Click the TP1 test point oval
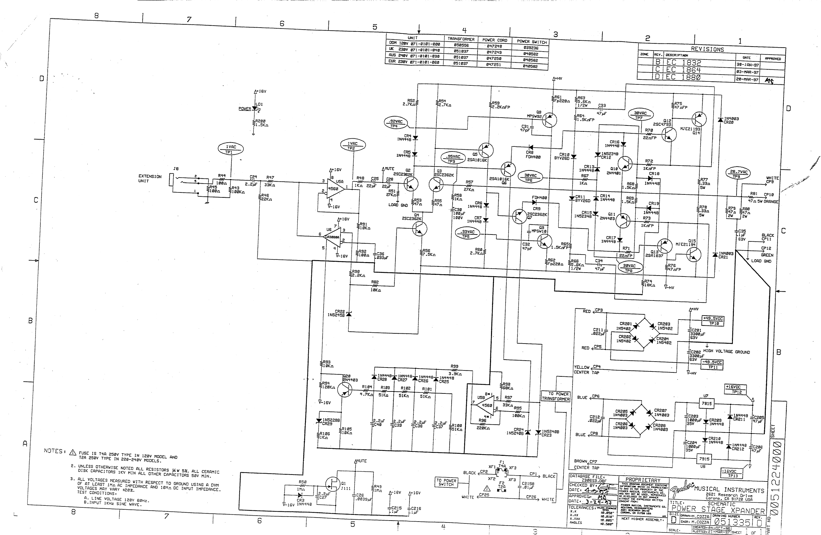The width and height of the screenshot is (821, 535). point(230,149)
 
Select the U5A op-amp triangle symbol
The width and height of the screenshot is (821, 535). point(336,189)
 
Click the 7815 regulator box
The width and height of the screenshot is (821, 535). point(706,403)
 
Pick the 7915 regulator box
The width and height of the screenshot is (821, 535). point(704,459)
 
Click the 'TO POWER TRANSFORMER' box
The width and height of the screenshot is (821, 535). point(555,396)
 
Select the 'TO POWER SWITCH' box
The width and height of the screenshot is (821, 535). point(446,482)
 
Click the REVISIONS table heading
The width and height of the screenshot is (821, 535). point(707,49)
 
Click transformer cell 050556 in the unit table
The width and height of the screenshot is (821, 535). point(461,45)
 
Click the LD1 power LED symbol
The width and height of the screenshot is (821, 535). point(255,108)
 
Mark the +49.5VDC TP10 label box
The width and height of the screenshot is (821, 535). point(713,321)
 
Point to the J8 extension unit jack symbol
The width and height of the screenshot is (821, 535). point(172,180)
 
